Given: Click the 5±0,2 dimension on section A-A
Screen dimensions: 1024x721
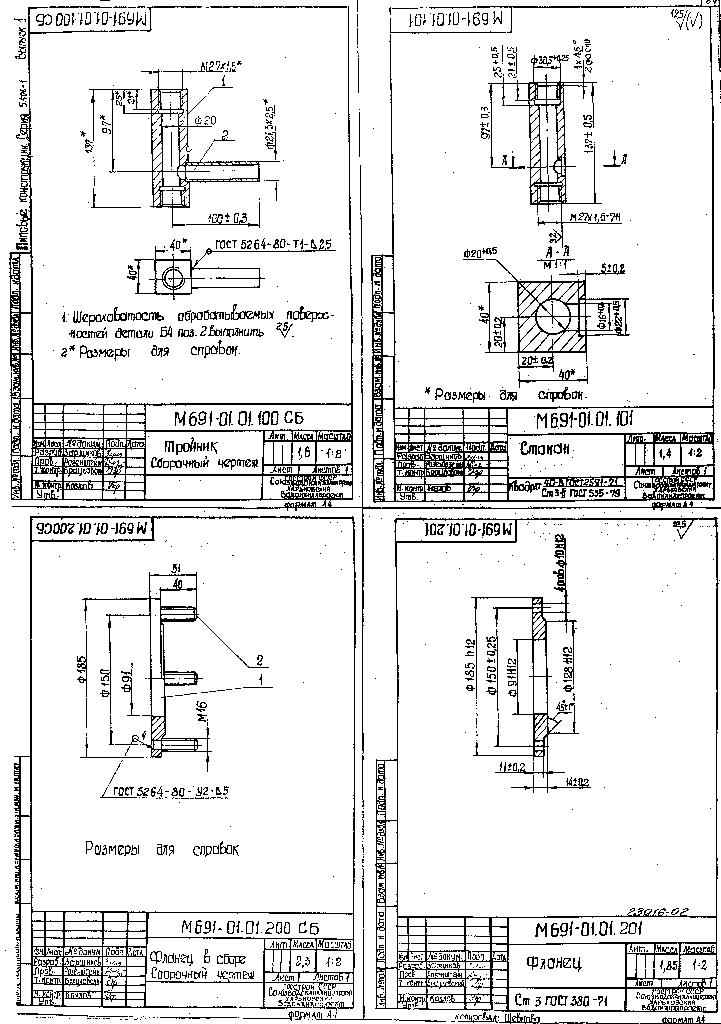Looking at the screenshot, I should (x=612, y=268).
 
